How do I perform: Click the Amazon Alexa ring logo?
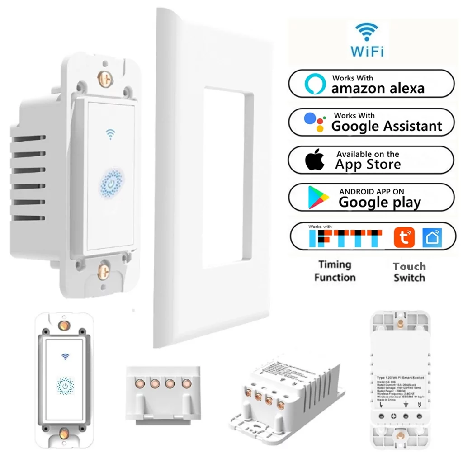tap(315, 84)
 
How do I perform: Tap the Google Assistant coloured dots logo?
tap(314, 122)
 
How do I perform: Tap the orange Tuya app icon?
tap(404, 237)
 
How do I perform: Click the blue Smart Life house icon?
tap(432, 237)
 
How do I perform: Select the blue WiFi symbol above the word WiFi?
tap(367, 33)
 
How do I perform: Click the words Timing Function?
tap(335, 271)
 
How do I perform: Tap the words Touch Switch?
tap(409, 272)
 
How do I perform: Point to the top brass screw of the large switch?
tap(105, 77)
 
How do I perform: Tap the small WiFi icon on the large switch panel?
tap(110, 134)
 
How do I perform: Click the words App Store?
tap(368, 164)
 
